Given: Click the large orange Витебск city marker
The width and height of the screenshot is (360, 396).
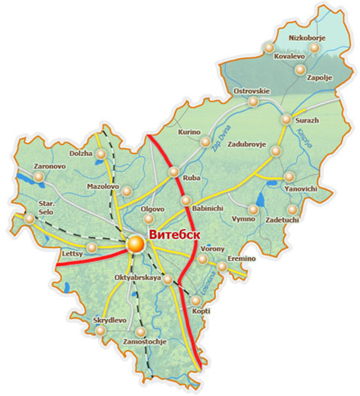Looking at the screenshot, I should pos(135,242).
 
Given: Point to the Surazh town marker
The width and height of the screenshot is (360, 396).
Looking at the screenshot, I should pos(286,120).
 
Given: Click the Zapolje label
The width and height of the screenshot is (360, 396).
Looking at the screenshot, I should pos(320,78).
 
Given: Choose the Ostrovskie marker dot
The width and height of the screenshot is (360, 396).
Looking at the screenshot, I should pos(254,102).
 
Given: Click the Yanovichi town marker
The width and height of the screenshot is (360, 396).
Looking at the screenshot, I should pos(289,177).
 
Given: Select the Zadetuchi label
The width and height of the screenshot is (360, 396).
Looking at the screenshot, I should pos(283,221).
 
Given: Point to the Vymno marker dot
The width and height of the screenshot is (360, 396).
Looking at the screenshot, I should pos(253,210).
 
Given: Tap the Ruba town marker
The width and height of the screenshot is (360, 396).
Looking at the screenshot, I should pos(173,171).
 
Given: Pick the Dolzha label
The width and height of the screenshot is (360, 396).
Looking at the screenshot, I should pos(81,152).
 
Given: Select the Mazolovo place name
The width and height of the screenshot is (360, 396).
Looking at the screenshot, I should pos(103,187).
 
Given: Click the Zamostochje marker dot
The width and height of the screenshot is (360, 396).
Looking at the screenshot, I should pos(142,332).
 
